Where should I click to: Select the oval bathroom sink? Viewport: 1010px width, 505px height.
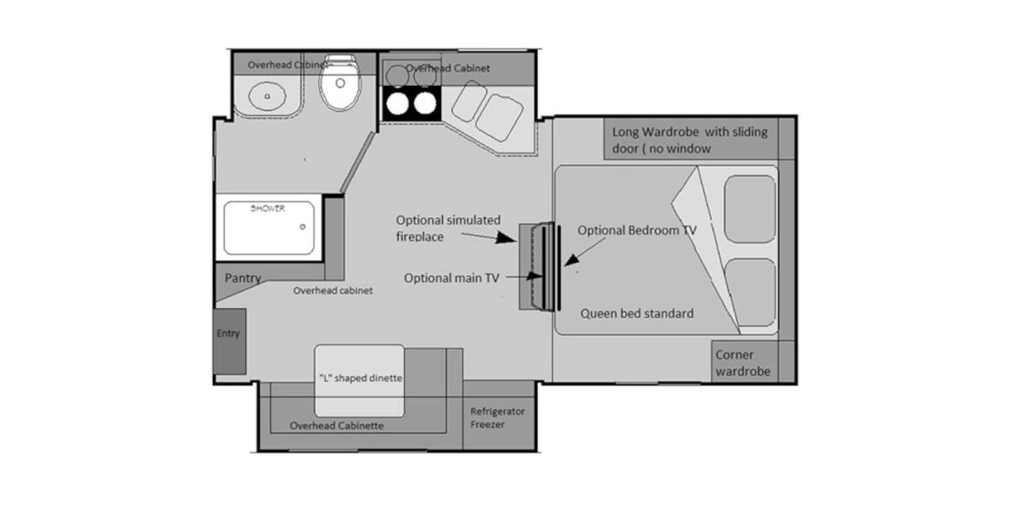(x=267, y=97)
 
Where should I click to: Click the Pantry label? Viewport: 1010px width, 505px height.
(x=242, y=278)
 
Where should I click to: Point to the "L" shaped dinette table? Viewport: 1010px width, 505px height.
(x=359, y=378)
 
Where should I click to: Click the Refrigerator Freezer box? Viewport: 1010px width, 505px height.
(x=497, y=417)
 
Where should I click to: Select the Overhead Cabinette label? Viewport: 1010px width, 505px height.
(x=337, y=426)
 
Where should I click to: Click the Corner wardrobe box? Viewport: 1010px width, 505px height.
(x=742, y=363)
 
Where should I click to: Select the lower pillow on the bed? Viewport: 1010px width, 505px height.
(x=750, y=292)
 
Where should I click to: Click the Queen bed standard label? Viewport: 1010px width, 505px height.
(x=637, y=313)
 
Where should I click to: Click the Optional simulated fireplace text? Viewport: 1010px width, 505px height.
(x=449, y=228)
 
